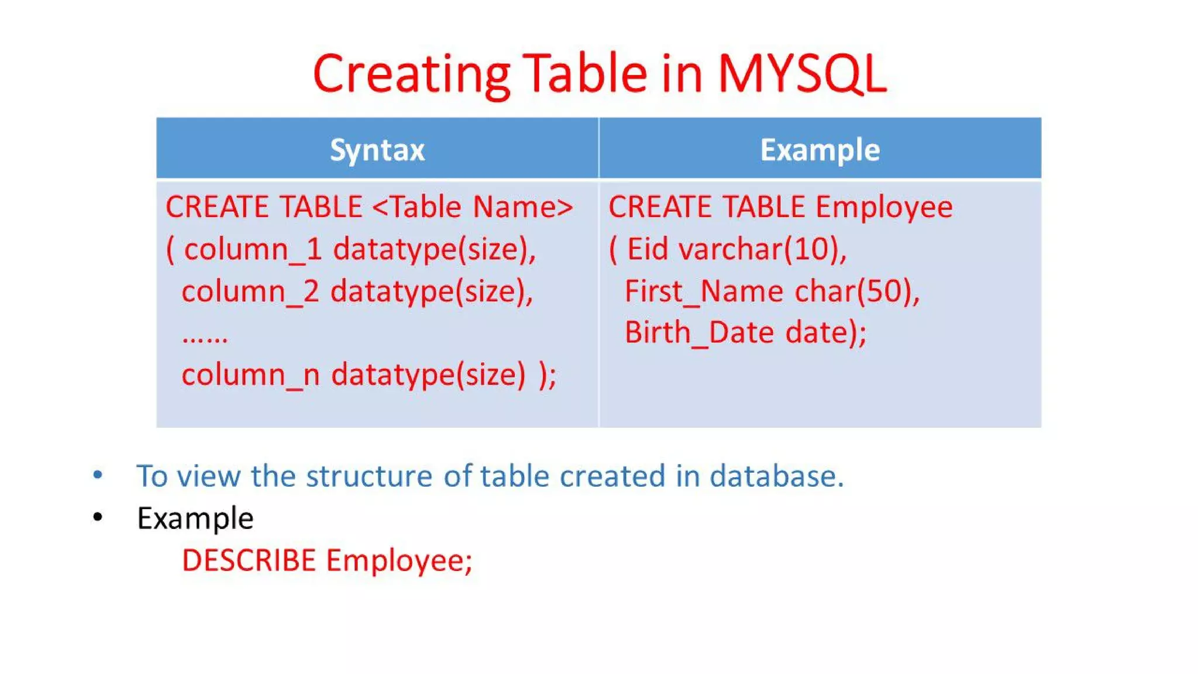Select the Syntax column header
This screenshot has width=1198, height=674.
tap(377, 150)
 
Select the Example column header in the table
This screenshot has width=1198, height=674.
tap(820, 150)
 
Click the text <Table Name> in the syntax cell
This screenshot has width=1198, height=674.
tap(472, 207)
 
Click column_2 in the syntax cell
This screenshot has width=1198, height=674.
tap(250, 291)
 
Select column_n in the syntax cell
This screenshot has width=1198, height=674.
tap(250, 374)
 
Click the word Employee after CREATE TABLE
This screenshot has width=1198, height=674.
tap(884, 207)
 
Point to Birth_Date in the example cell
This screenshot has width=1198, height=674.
tap(700, 333)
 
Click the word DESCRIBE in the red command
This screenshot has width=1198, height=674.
tap(249, 560)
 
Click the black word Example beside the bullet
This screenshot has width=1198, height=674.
tap(195, 518)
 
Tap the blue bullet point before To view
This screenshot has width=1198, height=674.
tap(98, 474)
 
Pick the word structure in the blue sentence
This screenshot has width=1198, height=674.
tap(369, 476)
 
